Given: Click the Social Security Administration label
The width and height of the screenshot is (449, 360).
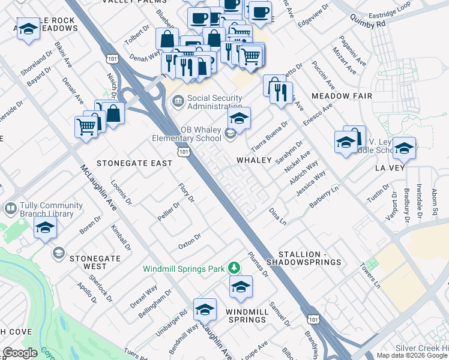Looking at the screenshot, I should [x=215, y=103].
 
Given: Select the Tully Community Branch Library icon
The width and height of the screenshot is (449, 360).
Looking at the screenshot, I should [x=10, y=209].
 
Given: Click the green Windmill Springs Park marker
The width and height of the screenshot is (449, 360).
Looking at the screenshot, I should [x=236, y=268].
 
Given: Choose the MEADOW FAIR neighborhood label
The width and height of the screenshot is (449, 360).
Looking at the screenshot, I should [x=342, y=96].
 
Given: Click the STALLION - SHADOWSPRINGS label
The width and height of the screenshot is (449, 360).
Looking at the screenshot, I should [x=309, y=258].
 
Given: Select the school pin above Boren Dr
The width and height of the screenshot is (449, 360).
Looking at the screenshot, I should [x=45, y=228].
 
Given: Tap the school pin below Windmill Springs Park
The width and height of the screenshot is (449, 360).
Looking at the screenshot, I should [x=241, y=287].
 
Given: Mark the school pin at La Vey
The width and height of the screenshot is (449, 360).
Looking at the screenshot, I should [x=404, y=148].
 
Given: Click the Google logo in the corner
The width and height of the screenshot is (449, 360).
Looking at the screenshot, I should [x=20, y=353].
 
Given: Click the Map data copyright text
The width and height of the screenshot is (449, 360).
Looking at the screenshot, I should [x=412, y=355].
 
